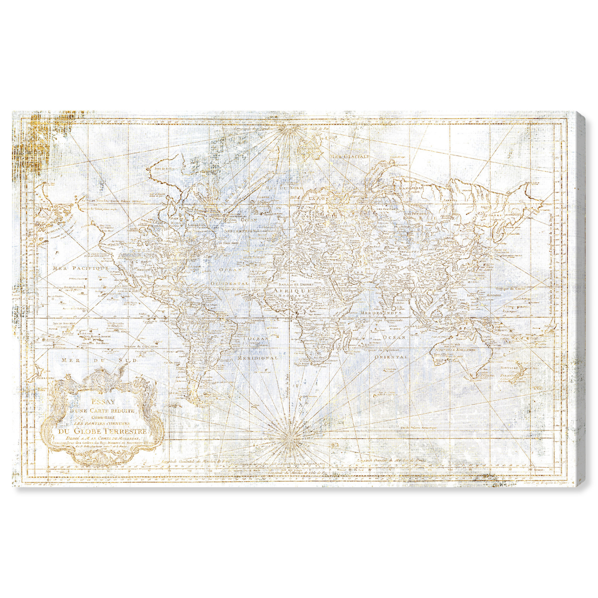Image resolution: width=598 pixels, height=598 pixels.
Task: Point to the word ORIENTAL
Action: tap(391, 357)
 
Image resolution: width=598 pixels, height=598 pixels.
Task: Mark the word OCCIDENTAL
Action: tap(234, 283)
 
